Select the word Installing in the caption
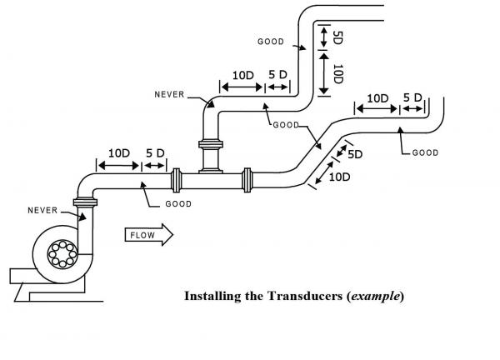[211, 296]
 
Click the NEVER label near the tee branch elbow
[169, 94]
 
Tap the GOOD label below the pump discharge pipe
[178, 204]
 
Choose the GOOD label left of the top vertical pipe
[271, 41]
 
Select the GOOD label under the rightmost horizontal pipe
[425, 153]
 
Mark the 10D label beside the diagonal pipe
[339, 177]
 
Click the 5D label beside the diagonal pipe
[355, 154]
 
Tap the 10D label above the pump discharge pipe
[119, 153]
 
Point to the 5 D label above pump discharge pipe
[155, 153]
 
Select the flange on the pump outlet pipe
[84, 202]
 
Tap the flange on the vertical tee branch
[209, 147]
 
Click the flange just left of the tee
[177, 180]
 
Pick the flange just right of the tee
[247, 180]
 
